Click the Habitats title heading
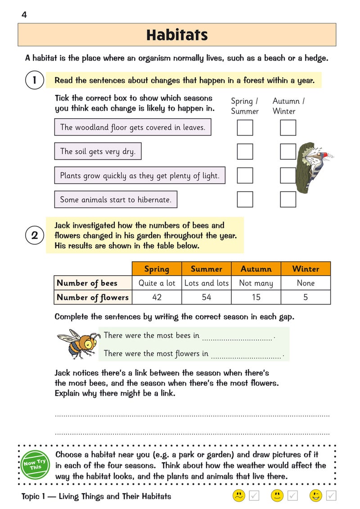177,35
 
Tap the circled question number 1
35,80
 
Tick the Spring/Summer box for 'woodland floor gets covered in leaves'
245,128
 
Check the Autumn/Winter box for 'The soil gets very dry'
288,152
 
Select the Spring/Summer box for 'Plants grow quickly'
245,175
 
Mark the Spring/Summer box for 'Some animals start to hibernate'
245,199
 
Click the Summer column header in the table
207,269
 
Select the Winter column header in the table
306,269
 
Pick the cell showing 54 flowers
207,297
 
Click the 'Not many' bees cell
256,283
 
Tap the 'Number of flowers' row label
93,297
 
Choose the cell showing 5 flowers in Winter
306,297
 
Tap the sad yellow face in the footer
238,496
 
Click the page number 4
24,15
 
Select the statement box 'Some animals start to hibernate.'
116,199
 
